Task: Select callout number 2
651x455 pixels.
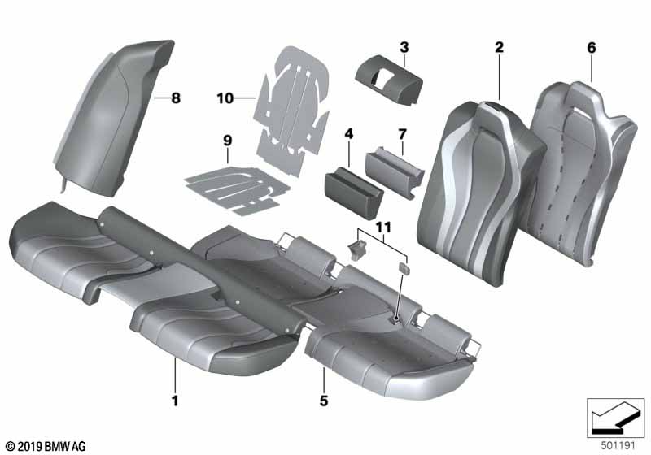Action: click(x=499, y=48)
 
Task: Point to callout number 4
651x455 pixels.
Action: click(x=349, y=132)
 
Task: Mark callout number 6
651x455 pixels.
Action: click(x=592, y=48)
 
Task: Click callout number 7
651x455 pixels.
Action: click(x=403, y=132)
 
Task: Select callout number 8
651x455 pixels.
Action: click(x=176, y=99)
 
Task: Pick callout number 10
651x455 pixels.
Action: click(x=225, y=99)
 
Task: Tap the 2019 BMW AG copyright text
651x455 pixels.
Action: click(x=46, y=445)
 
